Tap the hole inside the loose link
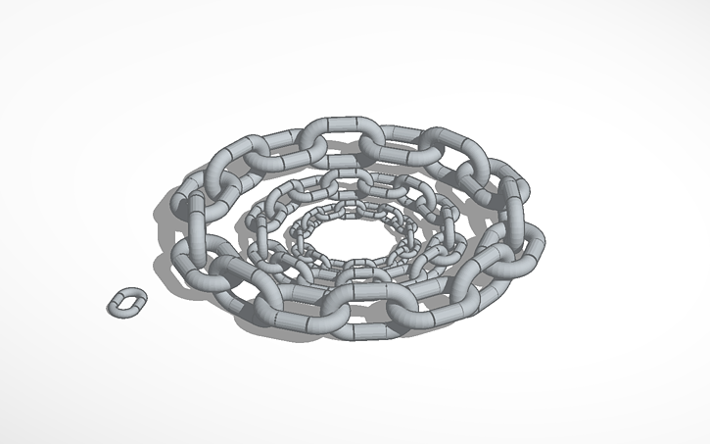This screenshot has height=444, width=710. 124,303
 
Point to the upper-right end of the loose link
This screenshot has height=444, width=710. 135,295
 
